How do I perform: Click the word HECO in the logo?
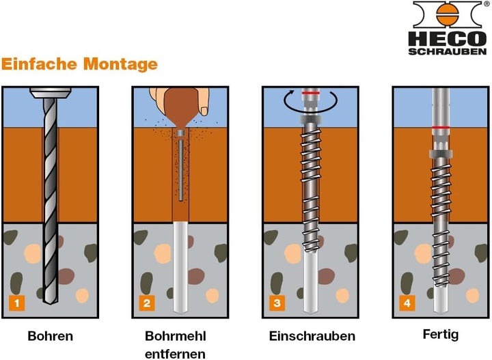point(448,39)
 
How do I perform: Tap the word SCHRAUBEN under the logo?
point(448,52)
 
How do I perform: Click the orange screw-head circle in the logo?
point(448,15)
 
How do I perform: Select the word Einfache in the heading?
point(39,64)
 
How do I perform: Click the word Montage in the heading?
point(120,64)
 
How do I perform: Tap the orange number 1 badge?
point(17,303)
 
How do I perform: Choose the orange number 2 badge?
point(147,303)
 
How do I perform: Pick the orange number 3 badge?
point(277,303)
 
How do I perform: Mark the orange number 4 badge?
point(407,303)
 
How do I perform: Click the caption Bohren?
point(50,336)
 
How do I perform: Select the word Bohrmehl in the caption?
point(176,336)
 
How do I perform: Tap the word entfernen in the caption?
point(175,354)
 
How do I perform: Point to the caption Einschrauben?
point(312,336)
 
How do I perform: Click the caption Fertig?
point(441,334)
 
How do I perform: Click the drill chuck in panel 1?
point(50,93)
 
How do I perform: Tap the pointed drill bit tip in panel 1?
point(50,303)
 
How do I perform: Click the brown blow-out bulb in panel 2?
point(180,105)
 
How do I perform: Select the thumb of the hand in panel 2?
point(204,102)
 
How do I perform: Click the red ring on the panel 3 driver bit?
point(311,93)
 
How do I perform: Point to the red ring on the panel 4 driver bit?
point(441,127)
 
